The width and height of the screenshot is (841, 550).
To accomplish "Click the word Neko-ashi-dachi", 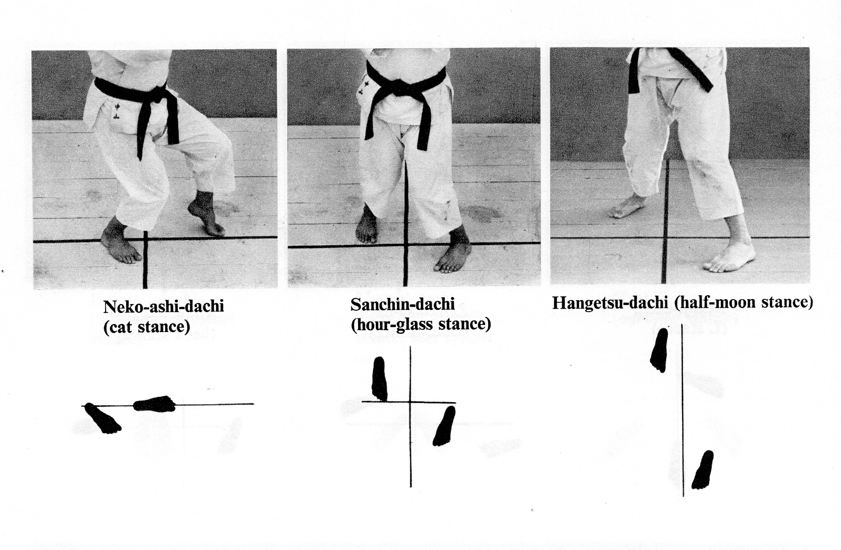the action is pyautogui.click(x=163, y=307).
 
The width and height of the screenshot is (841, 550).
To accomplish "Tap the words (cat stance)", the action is pyautogui.click(x=146, y=327).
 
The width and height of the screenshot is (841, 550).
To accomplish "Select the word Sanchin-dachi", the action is pyautogui.click(x=403, y=305).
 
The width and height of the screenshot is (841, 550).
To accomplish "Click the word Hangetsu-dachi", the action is pyautogui.click(x=610, y=302).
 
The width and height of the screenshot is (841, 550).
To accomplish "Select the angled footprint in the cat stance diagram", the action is pyautogui.click(x=103, y=418).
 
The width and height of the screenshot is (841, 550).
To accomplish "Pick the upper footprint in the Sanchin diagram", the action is pyautogui.click(x=379, y=379).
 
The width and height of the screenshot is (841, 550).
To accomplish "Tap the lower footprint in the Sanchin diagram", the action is pyautogui.click(x=444, y=426).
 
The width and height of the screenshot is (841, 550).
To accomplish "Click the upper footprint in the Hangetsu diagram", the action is pyautogui.click(x=659, y=350).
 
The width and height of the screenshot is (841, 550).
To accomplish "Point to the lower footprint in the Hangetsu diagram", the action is pyautogui.click(x=703, y=470).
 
